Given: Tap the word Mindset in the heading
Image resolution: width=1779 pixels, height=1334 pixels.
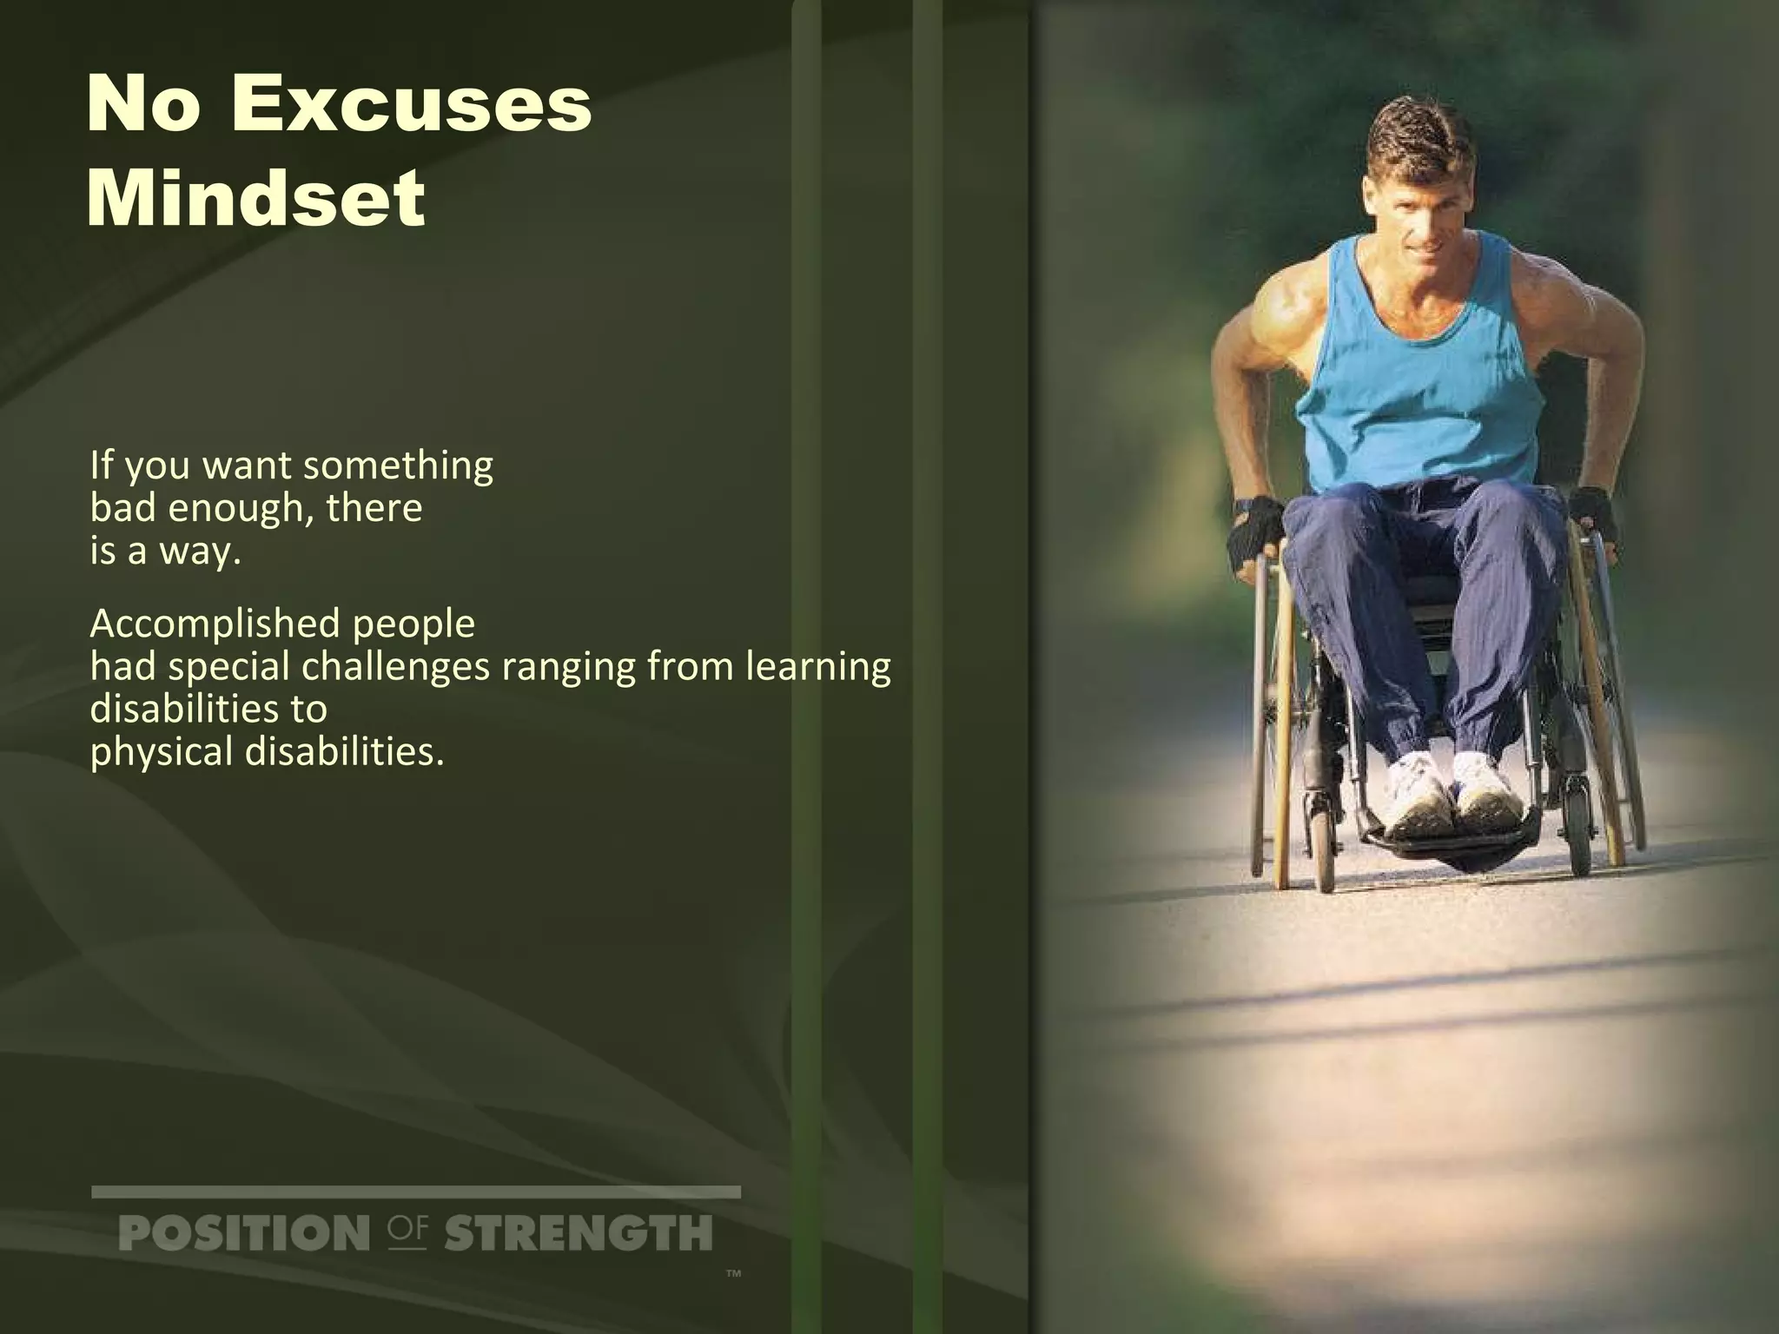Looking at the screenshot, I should tap(256, 200).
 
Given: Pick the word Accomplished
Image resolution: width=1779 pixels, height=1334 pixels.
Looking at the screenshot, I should tap(209, 624).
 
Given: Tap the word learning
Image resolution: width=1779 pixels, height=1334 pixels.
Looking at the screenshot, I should tap(817, 667).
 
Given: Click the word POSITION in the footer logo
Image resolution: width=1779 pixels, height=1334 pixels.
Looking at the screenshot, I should tap(243, 1234).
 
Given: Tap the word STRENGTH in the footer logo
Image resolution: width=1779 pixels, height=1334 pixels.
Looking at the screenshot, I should tap(578, 1234).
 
